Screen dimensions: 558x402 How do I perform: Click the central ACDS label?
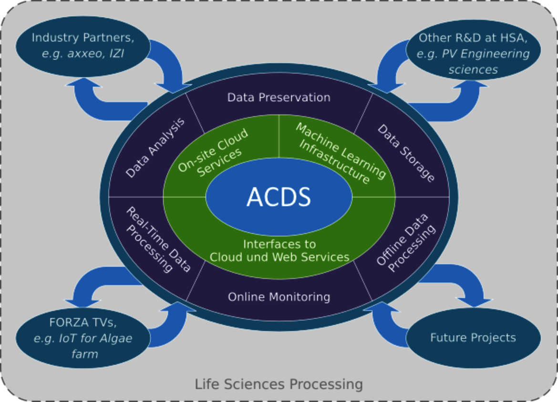pyautogui.click(x=279, y=197)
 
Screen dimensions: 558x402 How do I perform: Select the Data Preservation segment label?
pyautogui.click(x=279, y=97)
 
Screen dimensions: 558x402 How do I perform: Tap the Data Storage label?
pyautogui.click(x=406, y=153)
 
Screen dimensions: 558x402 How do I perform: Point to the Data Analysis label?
pyautogui.click(x=155, y=148)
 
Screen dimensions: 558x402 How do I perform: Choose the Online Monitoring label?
pyautogui.click(x=279, y=297)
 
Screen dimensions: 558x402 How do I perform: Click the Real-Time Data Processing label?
pyautogui.click(x=158, y=240)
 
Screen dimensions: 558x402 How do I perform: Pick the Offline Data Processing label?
pyautogui.click(x=406, y=243)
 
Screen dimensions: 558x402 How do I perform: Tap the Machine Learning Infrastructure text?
pyautogui.click(x=341, y=154)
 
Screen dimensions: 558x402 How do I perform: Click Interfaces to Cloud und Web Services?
pyautogui.click(x=279, y=250)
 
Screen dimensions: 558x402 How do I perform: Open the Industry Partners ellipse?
pyautogui.click(x=83, y=46)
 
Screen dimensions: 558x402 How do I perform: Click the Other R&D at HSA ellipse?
pyautogui.click(x=473, y=50)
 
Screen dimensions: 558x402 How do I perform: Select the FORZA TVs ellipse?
pyautogui.click(x=83, y=338)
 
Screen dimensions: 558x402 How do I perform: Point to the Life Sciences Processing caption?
pyautogui.click(x=279, y=384)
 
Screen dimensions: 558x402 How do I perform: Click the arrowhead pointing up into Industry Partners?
pyautogui.click(x=83, y=82)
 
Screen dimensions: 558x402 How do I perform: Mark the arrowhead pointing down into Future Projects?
pyautogui.click(x=475, y=302)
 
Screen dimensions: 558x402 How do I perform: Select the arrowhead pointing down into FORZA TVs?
pyautogui.click(x=83, y=303)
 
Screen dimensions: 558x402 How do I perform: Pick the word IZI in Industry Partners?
pyautogui.click(x=117, y=53)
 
